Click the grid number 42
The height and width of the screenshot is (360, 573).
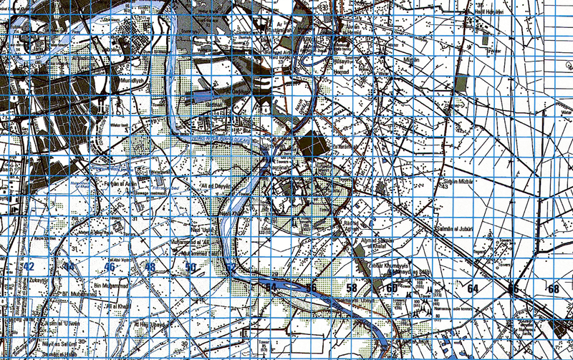point(29,266)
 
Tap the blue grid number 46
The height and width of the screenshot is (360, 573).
point(110,267)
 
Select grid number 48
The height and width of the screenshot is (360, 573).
point(150,267)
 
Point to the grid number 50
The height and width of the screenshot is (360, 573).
point(191,267)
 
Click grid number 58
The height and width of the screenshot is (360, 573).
point(352,288)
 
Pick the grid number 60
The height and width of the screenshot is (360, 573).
point(392,288)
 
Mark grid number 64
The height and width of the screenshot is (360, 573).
point(472,288)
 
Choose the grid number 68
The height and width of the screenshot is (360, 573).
point(553,288)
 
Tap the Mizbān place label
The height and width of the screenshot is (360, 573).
point(410,63)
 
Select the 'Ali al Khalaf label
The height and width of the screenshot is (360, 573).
point(120,306)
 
